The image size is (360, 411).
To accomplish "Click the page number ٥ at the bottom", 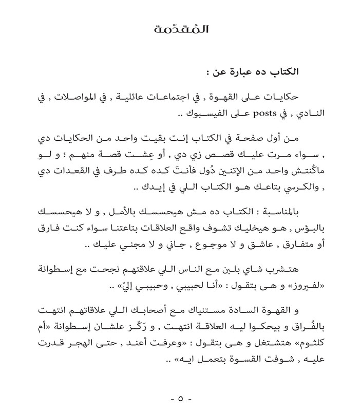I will tap(180, 399).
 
